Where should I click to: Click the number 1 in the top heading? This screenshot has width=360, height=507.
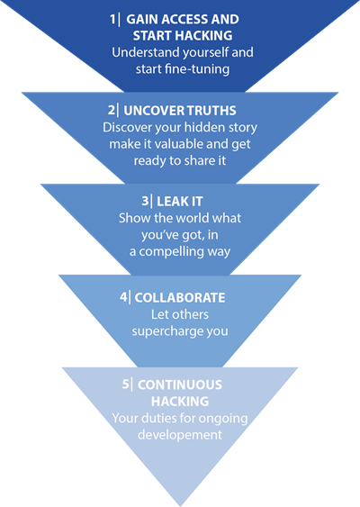tap(112, 20)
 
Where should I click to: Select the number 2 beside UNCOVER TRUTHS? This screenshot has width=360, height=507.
tap(112, 110)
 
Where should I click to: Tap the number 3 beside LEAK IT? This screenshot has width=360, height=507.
tap(145, 201)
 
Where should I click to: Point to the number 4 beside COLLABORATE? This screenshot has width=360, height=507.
tap(123, 297)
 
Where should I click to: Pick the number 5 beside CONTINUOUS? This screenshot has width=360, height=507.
tap(125, 385)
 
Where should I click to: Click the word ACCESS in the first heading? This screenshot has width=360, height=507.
tap(184, 20)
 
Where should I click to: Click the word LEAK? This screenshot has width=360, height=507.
tap(172, 202)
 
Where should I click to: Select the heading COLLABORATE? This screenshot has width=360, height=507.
tap(180, 297)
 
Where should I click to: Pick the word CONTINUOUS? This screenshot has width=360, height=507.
tap(180, 385)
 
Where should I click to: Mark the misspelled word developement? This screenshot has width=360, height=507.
tap(180, 435)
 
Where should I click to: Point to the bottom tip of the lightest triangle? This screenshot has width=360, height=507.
tap(180, 506)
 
